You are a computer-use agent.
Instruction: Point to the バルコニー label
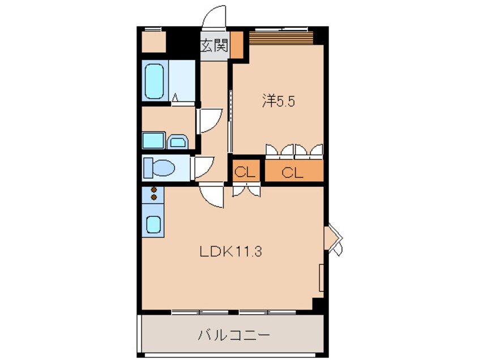[x=233, y=335]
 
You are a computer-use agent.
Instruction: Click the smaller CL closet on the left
[x=246, y=173]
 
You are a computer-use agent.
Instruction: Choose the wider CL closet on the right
[x=293, y=173]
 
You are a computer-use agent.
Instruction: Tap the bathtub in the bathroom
[x=155, y=81]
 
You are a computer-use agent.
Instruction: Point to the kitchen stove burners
[x=153, y=194]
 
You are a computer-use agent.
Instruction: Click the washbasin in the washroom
[x=177, y=140]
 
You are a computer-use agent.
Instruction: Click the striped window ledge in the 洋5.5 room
[x=281, y=37]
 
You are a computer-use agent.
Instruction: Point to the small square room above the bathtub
[x=153, y=42]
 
